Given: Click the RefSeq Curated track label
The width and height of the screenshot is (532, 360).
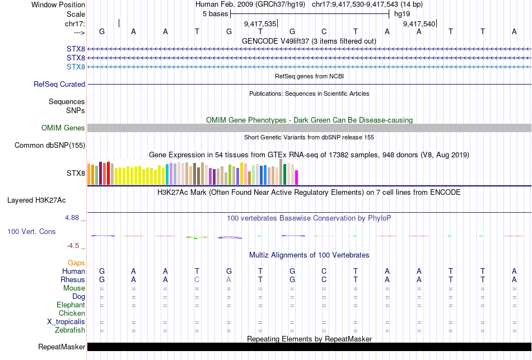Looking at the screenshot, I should click(59, 85).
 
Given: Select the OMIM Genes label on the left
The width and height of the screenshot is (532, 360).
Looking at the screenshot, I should click(63, 128).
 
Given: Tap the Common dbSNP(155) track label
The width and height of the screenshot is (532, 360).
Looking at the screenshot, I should click(50, 146).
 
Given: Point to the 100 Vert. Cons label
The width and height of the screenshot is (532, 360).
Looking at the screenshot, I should click(31, 231).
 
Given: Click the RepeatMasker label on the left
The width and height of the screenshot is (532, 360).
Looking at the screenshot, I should click(62, 347).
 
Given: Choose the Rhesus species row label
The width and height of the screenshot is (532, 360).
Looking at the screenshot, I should click(73, 280).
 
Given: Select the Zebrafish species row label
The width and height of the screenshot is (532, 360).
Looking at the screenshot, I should click(70, 330).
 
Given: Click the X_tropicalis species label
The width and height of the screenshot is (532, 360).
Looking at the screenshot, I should click(66, 322).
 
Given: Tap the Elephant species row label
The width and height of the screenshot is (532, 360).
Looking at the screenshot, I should click(71, 305).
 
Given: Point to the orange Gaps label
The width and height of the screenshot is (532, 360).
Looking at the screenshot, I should click(76, 263).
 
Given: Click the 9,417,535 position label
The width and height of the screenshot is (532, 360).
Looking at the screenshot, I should click(260, 24).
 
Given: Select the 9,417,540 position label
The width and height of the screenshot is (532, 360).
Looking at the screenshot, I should click(419, 24).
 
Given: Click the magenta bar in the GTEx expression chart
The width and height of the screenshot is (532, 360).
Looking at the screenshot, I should click(296, 177).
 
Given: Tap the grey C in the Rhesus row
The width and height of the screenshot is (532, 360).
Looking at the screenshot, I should click(197, 280).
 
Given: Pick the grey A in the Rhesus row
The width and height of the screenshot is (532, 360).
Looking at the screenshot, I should click(228, 280).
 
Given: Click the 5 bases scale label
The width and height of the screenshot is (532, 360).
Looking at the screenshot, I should click(215, 13).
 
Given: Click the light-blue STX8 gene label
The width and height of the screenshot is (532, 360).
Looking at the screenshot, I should click(76, 67).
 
